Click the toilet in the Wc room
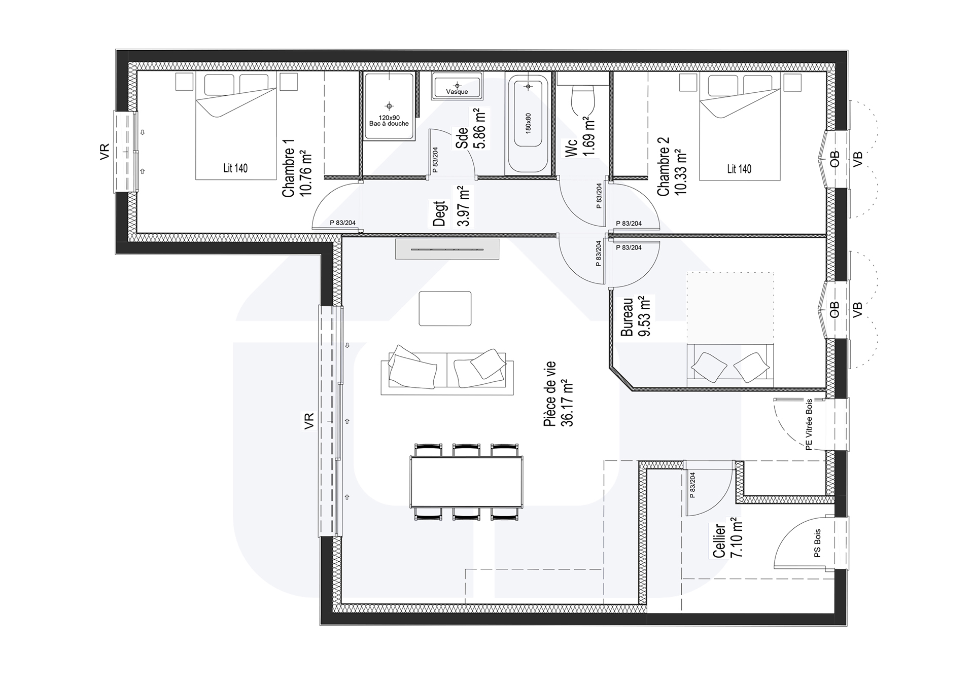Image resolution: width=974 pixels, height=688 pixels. tap(583, 99)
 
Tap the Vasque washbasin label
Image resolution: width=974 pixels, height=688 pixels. tap(457, 92)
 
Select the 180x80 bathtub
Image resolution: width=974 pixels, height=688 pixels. tap(528, 124)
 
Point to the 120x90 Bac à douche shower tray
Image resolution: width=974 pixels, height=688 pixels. tap(389, 106)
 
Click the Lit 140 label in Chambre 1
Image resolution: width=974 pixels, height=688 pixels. tap(235, 168)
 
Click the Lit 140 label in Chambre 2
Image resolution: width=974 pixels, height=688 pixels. tap(739, 169)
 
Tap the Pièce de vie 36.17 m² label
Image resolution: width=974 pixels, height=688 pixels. tap(558, 394)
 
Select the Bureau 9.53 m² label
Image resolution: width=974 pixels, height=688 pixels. tap(636, 317)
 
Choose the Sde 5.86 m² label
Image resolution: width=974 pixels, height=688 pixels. tap(470, 129)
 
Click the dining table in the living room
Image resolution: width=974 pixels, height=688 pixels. tap(466, 482)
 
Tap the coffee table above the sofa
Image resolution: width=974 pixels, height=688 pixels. tap(445, 308)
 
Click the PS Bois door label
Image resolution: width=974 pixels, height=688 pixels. tap(817, 544)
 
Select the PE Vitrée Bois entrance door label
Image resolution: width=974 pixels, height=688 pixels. tap(809, 424)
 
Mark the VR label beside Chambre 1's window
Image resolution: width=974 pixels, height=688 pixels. tap(105, 152)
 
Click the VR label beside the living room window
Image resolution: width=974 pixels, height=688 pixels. tap(309, 422)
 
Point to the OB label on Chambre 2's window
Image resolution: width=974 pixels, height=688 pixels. tap(834, 159)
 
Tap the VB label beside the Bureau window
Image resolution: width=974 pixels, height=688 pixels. tap(858, 309)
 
